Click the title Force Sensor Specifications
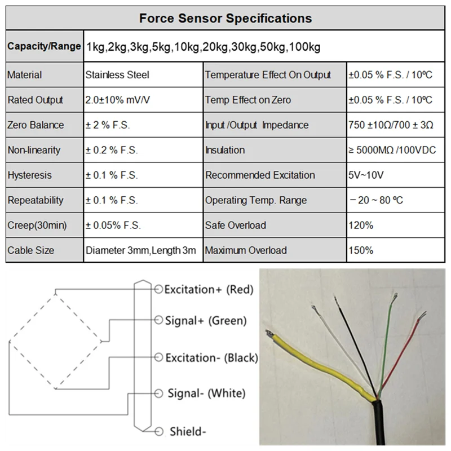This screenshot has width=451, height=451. [225, 18]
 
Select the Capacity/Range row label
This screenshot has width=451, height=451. [44, 46]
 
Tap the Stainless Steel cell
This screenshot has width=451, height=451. [117, 75]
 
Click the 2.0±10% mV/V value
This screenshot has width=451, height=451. [118, 100]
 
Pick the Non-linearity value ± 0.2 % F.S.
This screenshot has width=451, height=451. [112, 150]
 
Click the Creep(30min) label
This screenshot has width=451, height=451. [37, 225]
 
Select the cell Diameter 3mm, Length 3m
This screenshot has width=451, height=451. [141, 250]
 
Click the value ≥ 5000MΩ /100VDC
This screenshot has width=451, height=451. [390, 150]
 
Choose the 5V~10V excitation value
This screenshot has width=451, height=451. [366, 175]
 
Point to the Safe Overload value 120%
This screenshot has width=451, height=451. [361, 225]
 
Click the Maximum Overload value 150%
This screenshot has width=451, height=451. [361, 250]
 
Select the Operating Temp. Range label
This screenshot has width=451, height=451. [256, 200]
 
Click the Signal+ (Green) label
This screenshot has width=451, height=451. [206, 321]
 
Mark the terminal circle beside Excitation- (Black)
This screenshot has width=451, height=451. [158, 357]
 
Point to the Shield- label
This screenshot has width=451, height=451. [188, 432]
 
